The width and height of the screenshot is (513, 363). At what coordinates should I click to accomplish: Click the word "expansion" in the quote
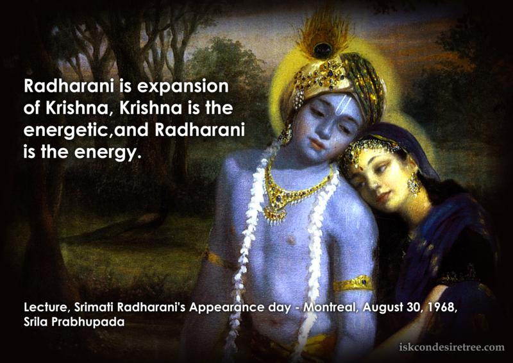coord(183,87)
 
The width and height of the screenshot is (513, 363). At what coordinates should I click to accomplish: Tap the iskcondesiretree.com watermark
coord(452,347)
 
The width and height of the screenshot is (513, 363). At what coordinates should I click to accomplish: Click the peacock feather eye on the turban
coord(323,50)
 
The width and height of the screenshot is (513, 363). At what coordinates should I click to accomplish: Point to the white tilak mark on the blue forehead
coord(344,105)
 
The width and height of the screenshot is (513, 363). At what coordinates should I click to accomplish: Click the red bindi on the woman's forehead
coord(361,169)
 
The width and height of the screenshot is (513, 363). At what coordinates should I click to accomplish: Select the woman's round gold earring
coord(414,184)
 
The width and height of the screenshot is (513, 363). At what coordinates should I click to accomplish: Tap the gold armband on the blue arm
coord(354,283)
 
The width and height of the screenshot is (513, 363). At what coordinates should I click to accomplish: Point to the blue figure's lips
coord(316,144)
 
